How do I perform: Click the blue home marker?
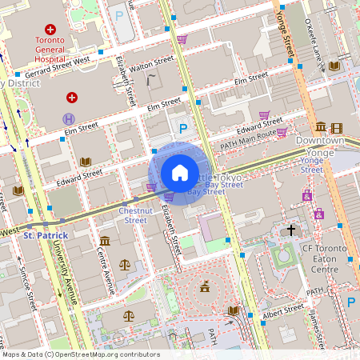click(180, 173)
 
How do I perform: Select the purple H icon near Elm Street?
click(68, 118)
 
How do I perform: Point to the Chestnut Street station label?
click(133, 214)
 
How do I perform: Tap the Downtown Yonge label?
click(319, 146)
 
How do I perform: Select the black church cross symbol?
click(291, 230)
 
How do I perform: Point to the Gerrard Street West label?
click(59, 66)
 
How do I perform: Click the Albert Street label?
click(284, 308)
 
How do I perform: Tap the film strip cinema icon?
click(337, 128)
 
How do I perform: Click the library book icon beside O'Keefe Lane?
click(334, 66)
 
